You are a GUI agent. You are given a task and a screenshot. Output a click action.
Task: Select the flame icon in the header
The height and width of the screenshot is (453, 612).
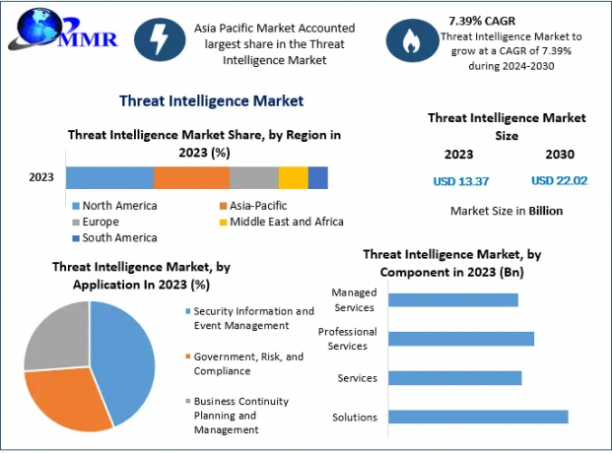pos(409,39)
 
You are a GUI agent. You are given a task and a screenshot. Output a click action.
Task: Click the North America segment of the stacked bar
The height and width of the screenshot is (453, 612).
pos(109,177)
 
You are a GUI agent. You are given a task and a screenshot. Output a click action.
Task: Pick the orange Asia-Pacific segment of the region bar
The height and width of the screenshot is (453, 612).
pos(191,177)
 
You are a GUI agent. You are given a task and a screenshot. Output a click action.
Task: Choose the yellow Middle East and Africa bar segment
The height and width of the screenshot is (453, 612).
pos(293,177)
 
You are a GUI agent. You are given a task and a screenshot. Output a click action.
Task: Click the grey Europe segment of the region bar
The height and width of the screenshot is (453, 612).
pos(254,177)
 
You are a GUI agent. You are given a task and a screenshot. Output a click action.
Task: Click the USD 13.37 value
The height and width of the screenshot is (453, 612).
pos(460,180)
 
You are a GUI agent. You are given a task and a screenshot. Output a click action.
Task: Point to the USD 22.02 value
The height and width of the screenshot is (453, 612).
pos(559,180)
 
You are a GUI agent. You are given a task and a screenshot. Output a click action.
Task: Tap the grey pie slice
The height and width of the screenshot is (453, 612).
pos(54,335)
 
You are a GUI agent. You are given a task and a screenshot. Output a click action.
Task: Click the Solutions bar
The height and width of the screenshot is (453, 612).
pos(478,417)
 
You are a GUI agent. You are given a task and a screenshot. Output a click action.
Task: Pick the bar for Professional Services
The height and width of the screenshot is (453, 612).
pos(461,339)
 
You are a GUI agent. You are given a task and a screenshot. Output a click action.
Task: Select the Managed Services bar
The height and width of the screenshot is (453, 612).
pos(453,299)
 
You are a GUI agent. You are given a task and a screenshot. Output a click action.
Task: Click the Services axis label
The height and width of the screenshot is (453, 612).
pos(357,378)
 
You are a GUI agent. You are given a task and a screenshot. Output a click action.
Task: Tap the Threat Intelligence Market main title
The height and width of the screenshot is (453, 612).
pos(211,100)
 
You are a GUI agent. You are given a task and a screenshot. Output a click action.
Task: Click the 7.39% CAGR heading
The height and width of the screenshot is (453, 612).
pos(482,19)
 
